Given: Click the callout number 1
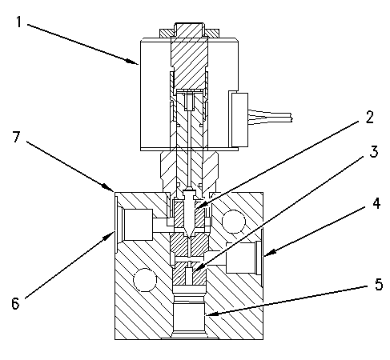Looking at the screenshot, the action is pos(18,22).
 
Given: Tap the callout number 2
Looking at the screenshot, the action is pos(369,117).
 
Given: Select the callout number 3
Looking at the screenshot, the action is pos(374,152).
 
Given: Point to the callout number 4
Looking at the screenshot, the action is pos(376,203).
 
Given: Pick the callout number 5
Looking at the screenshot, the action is pos(379,284).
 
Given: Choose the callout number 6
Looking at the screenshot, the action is pos(15,303).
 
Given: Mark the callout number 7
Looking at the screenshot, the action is pos(16,137).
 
